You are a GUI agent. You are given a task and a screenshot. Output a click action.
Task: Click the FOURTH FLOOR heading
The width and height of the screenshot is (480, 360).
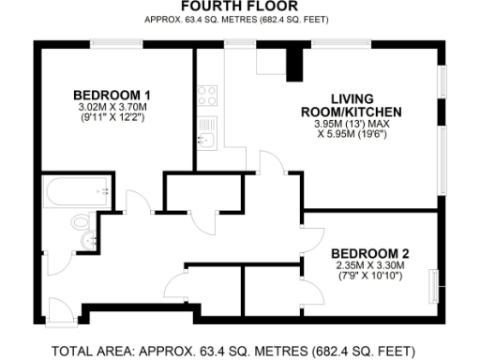232,7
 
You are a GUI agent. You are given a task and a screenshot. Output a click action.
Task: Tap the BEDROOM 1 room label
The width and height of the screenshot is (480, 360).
112,96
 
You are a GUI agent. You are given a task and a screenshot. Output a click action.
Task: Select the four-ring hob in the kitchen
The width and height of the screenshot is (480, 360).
207,95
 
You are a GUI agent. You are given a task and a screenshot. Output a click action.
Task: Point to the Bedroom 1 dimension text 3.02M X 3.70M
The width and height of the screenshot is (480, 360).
112,108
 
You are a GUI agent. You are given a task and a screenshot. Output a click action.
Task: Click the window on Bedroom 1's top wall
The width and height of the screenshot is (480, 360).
118,42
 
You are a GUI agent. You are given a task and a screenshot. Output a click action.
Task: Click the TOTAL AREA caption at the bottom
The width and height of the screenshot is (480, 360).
232,352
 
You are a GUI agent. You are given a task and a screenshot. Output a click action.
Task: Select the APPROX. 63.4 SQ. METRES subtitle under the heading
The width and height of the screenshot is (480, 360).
232,20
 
